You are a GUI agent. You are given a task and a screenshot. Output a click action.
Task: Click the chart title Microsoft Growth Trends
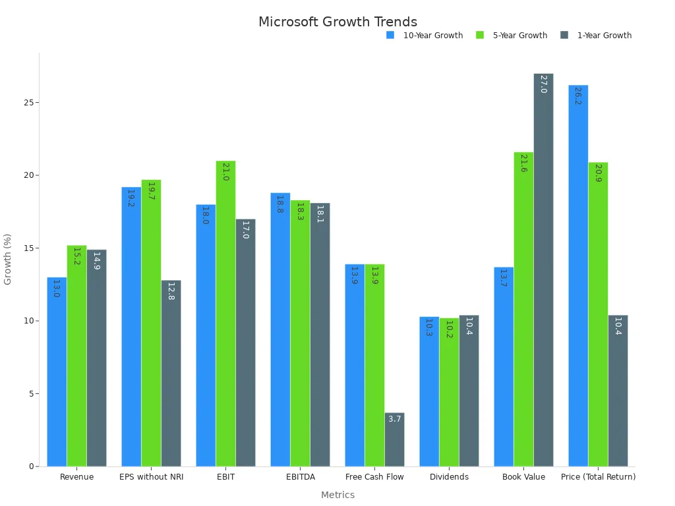click(337, 22)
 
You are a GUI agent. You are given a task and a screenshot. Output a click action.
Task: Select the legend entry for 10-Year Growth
click(432, 36)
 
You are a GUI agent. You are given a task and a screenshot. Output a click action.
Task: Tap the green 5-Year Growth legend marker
click(480, 36)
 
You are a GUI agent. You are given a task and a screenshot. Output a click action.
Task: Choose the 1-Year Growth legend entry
click(604, 36)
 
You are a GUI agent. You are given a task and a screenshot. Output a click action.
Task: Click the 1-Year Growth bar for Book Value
click(543, 270)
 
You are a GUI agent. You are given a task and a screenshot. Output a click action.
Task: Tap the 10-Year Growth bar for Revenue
click(57, 372)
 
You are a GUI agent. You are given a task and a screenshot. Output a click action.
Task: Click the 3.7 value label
click(394, 419)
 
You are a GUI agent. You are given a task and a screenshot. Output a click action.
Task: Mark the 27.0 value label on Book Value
click(543, 84)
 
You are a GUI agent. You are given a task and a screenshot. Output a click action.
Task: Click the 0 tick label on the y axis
click(31, 466)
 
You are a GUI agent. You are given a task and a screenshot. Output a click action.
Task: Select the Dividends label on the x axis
click(449, 477)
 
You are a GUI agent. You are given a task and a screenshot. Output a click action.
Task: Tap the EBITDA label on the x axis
click(300, 477)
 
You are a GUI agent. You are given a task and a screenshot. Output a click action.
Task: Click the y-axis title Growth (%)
click(8, 259)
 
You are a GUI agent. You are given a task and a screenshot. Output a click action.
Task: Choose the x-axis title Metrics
click(337, 495)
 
